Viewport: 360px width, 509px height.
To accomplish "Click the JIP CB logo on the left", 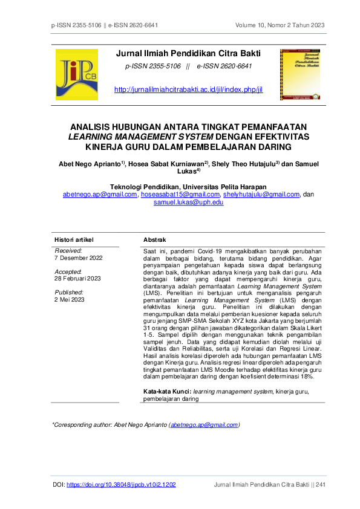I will coord(76,75).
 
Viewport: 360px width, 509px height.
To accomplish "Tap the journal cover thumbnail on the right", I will coord(300,74).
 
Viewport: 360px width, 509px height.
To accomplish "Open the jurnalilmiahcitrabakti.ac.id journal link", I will coord(188,90).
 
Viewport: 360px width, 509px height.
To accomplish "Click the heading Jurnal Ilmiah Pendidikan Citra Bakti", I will coord(188,55).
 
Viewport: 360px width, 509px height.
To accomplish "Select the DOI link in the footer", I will coord(121,485).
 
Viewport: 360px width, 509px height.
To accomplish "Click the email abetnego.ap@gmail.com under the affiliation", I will coord(100,195).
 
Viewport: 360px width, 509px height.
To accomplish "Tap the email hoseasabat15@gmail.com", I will coord(180,195).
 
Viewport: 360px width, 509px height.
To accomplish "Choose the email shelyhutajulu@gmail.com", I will coord(261,195).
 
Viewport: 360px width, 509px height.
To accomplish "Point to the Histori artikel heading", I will coord(74,240).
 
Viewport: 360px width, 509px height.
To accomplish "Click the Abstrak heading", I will coord(154,240).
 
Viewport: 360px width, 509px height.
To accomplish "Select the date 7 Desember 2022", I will coord(79,258).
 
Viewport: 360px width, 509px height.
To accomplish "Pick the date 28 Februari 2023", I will coord(77,279).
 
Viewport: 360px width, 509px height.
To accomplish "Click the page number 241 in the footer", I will coord(320,485).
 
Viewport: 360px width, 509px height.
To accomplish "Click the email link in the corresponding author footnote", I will coord(204,425).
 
